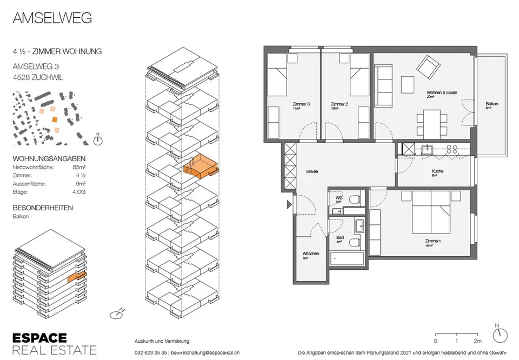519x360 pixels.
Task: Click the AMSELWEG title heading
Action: click(x=52, y=18)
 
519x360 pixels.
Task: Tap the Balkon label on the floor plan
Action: click(x=491, y=104)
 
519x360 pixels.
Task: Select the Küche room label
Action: click(x=437, y=171)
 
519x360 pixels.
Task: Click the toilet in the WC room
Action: click(x=355, y=199)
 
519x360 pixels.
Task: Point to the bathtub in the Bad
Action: click(x=347, y=258)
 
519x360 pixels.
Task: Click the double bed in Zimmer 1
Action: click(x=431, y=212)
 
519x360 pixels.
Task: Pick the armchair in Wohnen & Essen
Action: click(x=428, y=66)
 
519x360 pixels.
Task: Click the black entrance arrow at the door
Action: click(x=289, y=205)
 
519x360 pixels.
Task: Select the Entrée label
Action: click(x=312, y=171)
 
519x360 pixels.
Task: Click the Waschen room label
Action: click(x=311, y=254)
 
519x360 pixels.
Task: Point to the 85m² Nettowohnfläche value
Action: click(x=79, y=167)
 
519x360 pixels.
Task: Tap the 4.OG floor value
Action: click(x=79, y=191)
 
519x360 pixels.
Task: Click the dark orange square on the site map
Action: click(x=55, y=119)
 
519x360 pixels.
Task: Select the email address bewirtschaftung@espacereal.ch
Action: click(x=205, y=353)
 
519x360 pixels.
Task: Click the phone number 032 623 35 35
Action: click(x=151, y=353)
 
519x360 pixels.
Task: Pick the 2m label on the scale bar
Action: click(x=477, y=341)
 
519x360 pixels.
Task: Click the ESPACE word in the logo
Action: click(x=39, y=338)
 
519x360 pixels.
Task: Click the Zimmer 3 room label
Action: click(x=301, y=104)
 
